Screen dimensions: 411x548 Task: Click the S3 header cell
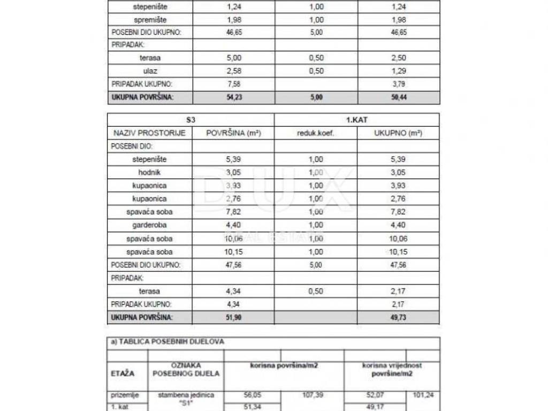click(191, 120)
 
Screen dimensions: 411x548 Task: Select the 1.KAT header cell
click(356, 120)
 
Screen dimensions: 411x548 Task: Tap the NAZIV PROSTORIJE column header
click(150, 133)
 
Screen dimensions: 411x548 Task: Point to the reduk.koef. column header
click(316, 133)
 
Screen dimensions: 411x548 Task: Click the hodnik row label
click(150, 172)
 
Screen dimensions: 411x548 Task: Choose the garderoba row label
click(150, 225)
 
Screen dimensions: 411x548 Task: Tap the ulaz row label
click(150, 71)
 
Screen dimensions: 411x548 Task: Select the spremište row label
click(150, 20)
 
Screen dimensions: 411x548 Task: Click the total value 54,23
click(233, 97)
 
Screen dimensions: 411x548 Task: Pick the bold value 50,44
click(398, 97)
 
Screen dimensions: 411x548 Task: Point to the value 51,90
click(233, 317)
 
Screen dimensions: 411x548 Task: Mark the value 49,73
click(398, 317)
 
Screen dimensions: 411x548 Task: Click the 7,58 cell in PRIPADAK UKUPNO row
click(233, 84)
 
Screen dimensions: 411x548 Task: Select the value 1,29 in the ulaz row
click(398, 71)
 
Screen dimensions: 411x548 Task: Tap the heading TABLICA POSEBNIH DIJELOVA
click(167, 341)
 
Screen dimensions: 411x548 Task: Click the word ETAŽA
click(123, 374)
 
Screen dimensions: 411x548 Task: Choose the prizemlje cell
click(125, 395)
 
